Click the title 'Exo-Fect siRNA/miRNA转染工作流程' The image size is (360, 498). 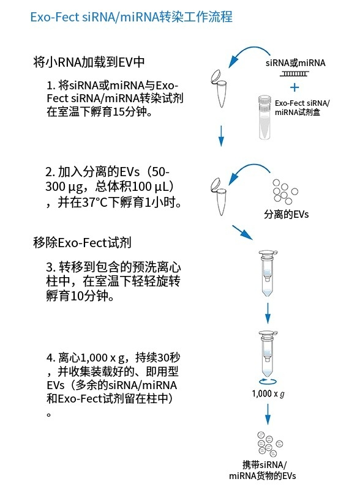131,17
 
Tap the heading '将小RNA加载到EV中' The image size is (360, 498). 89,62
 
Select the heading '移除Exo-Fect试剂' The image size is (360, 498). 82,243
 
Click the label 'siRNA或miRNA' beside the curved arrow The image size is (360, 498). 296,63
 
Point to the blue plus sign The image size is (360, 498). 294,87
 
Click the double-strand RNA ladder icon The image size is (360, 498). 294,74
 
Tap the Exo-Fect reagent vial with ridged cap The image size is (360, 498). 264,117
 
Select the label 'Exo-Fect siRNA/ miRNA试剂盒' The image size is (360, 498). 302,108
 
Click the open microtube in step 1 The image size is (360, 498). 219,88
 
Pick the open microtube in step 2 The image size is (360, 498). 219,196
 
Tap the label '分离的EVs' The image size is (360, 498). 287,214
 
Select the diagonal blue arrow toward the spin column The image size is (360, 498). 242,232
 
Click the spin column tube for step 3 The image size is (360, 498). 268,273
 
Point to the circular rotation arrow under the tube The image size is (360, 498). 268,381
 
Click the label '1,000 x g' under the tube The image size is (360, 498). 268,394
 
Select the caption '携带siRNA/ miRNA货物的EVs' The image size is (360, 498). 263,470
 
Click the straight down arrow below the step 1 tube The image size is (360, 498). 221,136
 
